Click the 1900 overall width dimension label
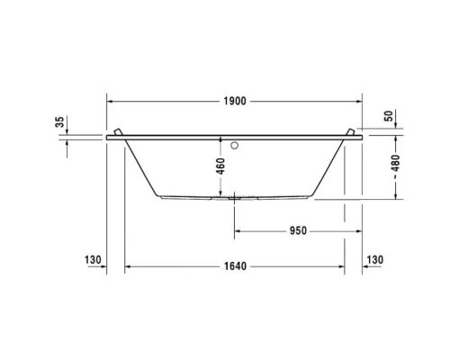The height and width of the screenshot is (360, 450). (233, 102)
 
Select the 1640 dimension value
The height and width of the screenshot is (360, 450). (234, 266)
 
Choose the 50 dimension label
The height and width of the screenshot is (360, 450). (389, 116)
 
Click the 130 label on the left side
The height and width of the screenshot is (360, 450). (92, 259)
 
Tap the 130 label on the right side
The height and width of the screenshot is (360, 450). (376, 259)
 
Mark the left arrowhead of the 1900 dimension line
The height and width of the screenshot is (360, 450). (110, 102)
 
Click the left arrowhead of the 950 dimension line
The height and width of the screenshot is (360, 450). (238, 230)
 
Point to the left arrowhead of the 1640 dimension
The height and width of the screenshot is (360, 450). (128, 266)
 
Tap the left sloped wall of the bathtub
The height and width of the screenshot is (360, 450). (141, 167)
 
